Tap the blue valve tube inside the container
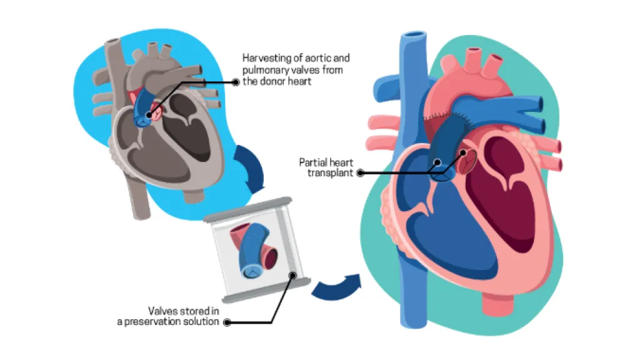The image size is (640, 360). pyautogui.click(x=256, y=251)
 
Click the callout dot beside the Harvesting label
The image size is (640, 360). pyautogui.click(x=235, y=82)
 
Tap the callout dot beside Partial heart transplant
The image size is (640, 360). pyautogui.click(x=359, y=172)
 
